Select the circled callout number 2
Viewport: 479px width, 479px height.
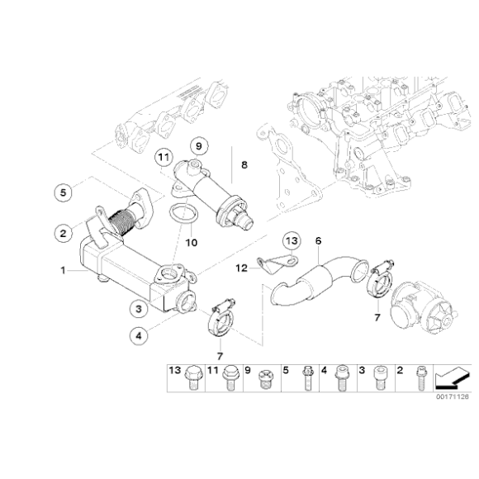coord(63,233)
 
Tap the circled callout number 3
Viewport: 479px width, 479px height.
coord(140,308)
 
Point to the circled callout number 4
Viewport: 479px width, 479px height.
coord(140,335)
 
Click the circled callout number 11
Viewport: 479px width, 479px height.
coord(164,156)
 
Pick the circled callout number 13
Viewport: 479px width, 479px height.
coord(290,241)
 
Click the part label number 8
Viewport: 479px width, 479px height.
coord(244,165)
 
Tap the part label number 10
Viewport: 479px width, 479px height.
coord(192,242)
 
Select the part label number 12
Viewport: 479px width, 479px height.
coord(241,268)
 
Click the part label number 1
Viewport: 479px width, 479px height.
coord(61,269)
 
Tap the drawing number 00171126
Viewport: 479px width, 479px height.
coord(452,396)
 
